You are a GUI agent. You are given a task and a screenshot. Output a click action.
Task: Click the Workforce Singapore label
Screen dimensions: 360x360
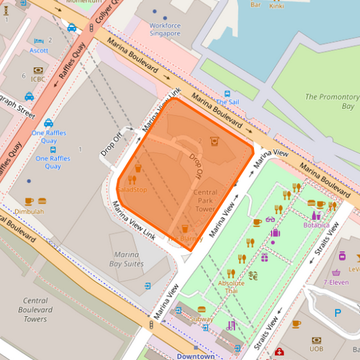165,29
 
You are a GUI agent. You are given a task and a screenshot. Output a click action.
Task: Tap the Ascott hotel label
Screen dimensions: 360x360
38,50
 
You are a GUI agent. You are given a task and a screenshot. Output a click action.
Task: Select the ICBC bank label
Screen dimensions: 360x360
37,78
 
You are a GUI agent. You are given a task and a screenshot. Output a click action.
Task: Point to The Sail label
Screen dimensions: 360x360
227,102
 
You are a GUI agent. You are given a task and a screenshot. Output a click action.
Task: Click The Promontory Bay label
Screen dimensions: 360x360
330,101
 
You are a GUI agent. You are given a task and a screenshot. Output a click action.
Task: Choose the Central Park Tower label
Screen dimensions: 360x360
205,201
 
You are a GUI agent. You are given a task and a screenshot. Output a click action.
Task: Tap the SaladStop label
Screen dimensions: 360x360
132,190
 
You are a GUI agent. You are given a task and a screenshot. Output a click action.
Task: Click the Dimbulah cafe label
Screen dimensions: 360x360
29,211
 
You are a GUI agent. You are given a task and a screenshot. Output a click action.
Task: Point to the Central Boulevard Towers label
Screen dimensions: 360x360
35,309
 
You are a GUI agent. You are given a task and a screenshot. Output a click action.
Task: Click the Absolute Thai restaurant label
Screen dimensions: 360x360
231,286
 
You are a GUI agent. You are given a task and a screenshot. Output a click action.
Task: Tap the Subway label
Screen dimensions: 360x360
201,318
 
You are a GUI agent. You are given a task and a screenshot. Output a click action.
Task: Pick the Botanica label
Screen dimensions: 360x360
316,224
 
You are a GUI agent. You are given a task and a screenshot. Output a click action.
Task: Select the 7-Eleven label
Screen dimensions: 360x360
335,282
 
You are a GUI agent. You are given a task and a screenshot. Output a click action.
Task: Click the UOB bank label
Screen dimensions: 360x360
316,349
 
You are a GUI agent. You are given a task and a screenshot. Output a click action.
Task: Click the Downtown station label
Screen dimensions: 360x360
195,356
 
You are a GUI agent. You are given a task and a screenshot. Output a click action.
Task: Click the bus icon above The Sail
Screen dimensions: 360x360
228,94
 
